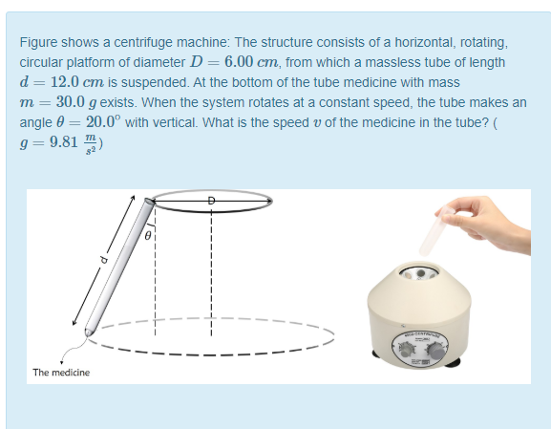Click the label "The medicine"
(61, 373)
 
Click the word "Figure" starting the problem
(39, 43)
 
